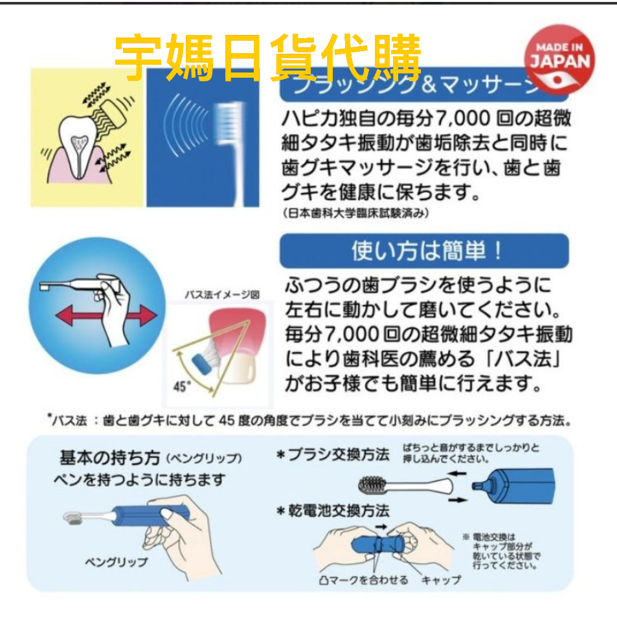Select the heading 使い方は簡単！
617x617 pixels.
424,251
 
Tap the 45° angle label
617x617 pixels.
183,387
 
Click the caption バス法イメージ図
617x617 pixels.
221,295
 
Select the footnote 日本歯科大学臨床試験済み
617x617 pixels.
356,212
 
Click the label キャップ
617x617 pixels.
441,579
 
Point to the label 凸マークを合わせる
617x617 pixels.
364,579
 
